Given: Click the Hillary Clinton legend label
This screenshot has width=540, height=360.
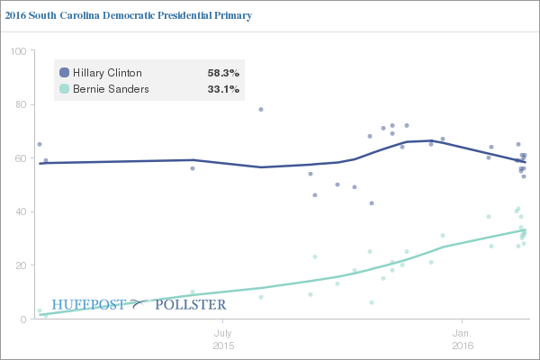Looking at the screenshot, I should point(107,73).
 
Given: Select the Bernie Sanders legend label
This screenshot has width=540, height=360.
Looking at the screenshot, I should point(111,89).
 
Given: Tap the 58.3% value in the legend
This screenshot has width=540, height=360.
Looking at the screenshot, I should point(223,73).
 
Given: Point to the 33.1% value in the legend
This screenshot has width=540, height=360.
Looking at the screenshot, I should point(223,89).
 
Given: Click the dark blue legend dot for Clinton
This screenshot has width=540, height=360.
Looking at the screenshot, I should point(64,73).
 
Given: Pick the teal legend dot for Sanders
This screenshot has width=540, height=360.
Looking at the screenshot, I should point(64,89).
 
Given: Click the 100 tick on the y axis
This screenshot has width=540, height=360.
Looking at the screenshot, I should point(17,51).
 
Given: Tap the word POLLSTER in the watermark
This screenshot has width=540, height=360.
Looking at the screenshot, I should point(190,305).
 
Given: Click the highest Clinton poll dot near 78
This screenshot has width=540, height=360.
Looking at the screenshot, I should point(261,110).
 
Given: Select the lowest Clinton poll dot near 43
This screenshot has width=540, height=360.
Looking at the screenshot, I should point(372,203).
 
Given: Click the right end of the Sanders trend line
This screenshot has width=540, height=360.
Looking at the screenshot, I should point(526,229).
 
